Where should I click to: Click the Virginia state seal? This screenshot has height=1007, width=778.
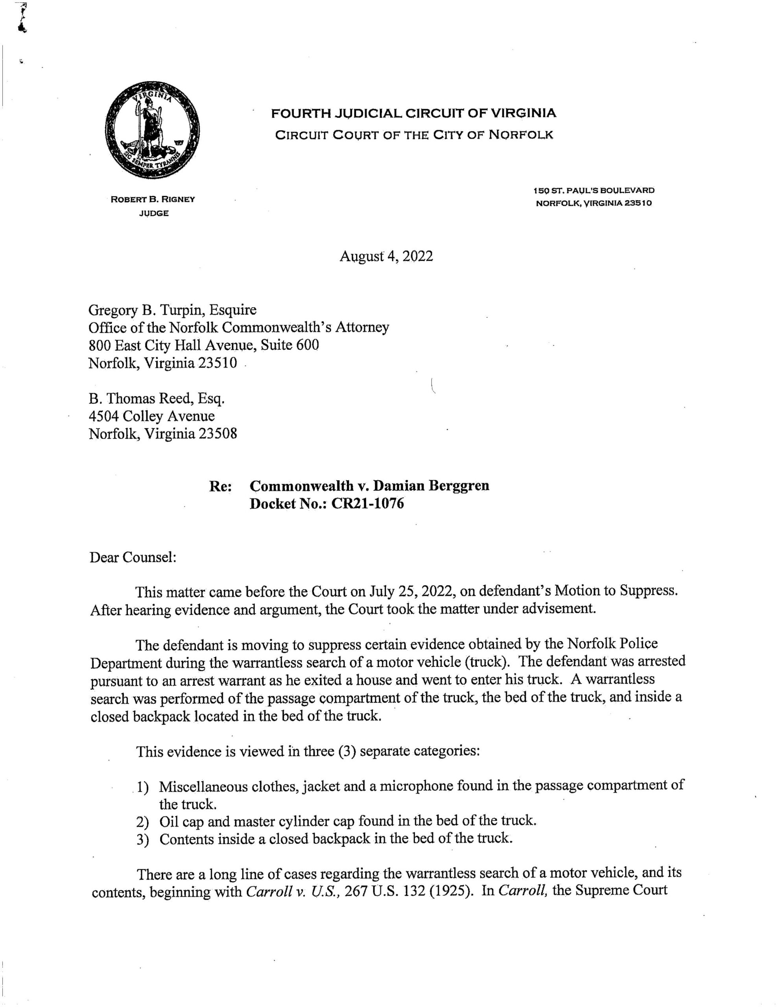coord(152,131)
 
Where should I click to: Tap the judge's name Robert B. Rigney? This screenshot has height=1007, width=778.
coord(153,199)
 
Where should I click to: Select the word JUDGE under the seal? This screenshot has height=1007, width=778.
coord(153,214)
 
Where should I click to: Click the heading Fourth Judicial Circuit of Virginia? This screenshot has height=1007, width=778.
coord(413,113)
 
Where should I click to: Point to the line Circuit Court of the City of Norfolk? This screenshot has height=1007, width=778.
coord(414,135)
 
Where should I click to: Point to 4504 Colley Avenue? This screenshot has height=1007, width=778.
coord(152,416)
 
